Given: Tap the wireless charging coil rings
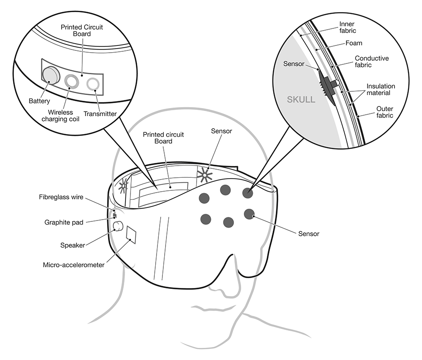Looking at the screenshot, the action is tap(72, 81).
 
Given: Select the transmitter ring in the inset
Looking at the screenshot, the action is tap(93, 84).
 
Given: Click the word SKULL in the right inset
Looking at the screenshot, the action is tap(301, 99).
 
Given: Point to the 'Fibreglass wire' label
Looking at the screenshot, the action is tap(61, 197).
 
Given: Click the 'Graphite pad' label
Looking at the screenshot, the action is tap(64, 222).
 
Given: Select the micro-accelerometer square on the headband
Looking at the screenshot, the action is tap(131, 235).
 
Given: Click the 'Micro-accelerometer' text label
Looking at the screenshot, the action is tap(74, 265).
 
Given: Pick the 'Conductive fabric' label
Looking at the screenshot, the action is tap(372, 62).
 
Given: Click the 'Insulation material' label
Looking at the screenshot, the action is tap(381, 90).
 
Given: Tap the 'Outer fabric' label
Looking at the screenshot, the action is tap(385, 112).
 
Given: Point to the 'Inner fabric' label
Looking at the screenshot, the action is tap(347, 27).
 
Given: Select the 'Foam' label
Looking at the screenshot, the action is tap(354, 43).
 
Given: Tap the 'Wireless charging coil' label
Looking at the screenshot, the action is tap(61, 116).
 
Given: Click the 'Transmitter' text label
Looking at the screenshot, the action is tap(100, 114).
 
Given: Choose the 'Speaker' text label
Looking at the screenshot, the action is tap(72, 245).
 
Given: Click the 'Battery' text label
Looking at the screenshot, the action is tap(39, 101).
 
